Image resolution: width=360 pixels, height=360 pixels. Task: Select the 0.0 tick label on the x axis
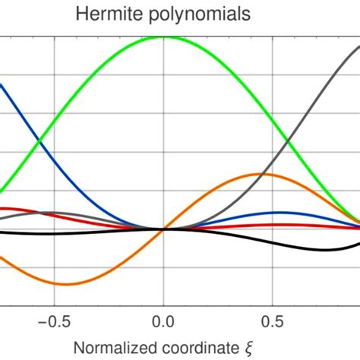click(x=163, y=320)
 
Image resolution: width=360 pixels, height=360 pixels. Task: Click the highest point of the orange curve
click(x=262, y=174)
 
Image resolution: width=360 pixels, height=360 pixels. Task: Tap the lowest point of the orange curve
click(x=65, y=284)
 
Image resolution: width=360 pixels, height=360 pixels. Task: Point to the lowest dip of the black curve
click(x=323, y=250)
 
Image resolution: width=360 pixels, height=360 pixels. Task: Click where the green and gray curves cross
click(x=287, y=140)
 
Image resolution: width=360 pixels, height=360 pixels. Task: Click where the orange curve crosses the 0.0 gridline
click(x=163, y=229)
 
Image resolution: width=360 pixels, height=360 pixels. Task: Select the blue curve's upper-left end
click(x=2, y=85)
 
